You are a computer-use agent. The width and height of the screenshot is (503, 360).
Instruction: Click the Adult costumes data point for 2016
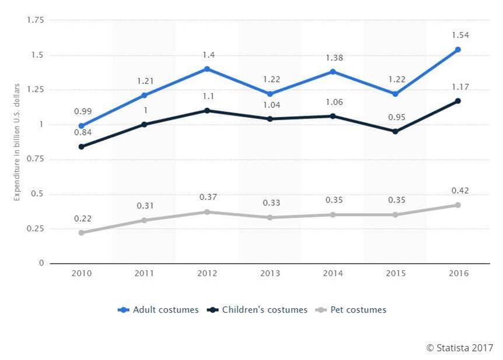tap(458, 50)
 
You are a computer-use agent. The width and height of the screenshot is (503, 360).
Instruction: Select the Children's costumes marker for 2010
tap(81, 146)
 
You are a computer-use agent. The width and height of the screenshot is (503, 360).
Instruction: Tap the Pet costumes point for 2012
tap(207, 212)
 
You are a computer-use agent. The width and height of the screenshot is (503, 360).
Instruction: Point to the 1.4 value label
tap(207, 54)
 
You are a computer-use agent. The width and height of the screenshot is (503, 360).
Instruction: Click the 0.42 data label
tap(457, 190)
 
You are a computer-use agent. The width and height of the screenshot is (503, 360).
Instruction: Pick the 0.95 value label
tap(395, 117)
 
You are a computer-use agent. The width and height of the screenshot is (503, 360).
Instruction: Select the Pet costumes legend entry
tap(354, 310)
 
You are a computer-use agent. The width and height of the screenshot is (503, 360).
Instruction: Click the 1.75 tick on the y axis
tap(35, 20)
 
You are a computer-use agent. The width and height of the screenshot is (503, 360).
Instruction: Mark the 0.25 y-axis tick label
tap(35, 229)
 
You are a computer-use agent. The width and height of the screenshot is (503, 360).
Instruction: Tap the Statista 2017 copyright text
tap(459, 348)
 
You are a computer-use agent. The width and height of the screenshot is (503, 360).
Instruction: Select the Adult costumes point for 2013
tap(270, 94)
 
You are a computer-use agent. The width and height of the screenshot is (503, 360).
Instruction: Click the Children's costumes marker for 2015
tap(395, 131)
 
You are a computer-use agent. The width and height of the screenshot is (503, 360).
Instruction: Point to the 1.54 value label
tap(457, 35)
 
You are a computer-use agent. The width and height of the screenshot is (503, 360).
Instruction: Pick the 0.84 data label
tap(81, 132)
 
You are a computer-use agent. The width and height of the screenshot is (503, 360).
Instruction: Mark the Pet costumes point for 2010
tap(81, 233)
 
